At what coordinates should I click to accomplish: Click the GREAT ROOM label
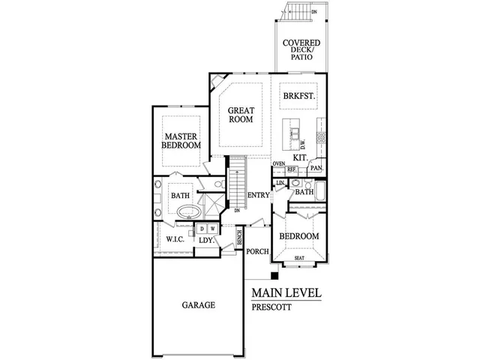[x=241, y=114]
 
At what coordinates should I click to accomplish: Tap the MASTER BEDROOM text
[x=181, y=140]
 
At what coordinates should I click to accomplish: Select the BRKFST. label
[x=298, y=96]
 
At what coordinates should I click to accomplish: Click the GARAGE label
[x=198, y=305]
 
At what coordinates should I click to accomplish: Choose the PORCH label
[x=259, y=251]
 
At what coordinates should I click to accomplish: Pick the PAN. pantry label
[x=316, y=168]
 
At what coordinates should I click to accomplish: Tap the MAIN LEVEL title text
[x=286, y=292]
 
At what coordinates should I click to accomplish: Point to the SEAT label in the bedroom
[x=299, y=258]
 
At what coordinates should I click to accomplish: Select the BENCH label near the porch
[x=238, y=239]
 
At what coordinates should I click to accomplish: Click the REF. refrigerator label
[x=292, y=170]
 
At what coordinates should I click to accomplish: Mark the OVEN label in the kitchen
[x=279, y=163]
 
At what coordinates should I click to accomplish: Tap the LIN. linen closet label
[x=280, y=182]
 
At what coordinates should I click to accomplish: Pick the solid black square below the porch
[x=274, y=275]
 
